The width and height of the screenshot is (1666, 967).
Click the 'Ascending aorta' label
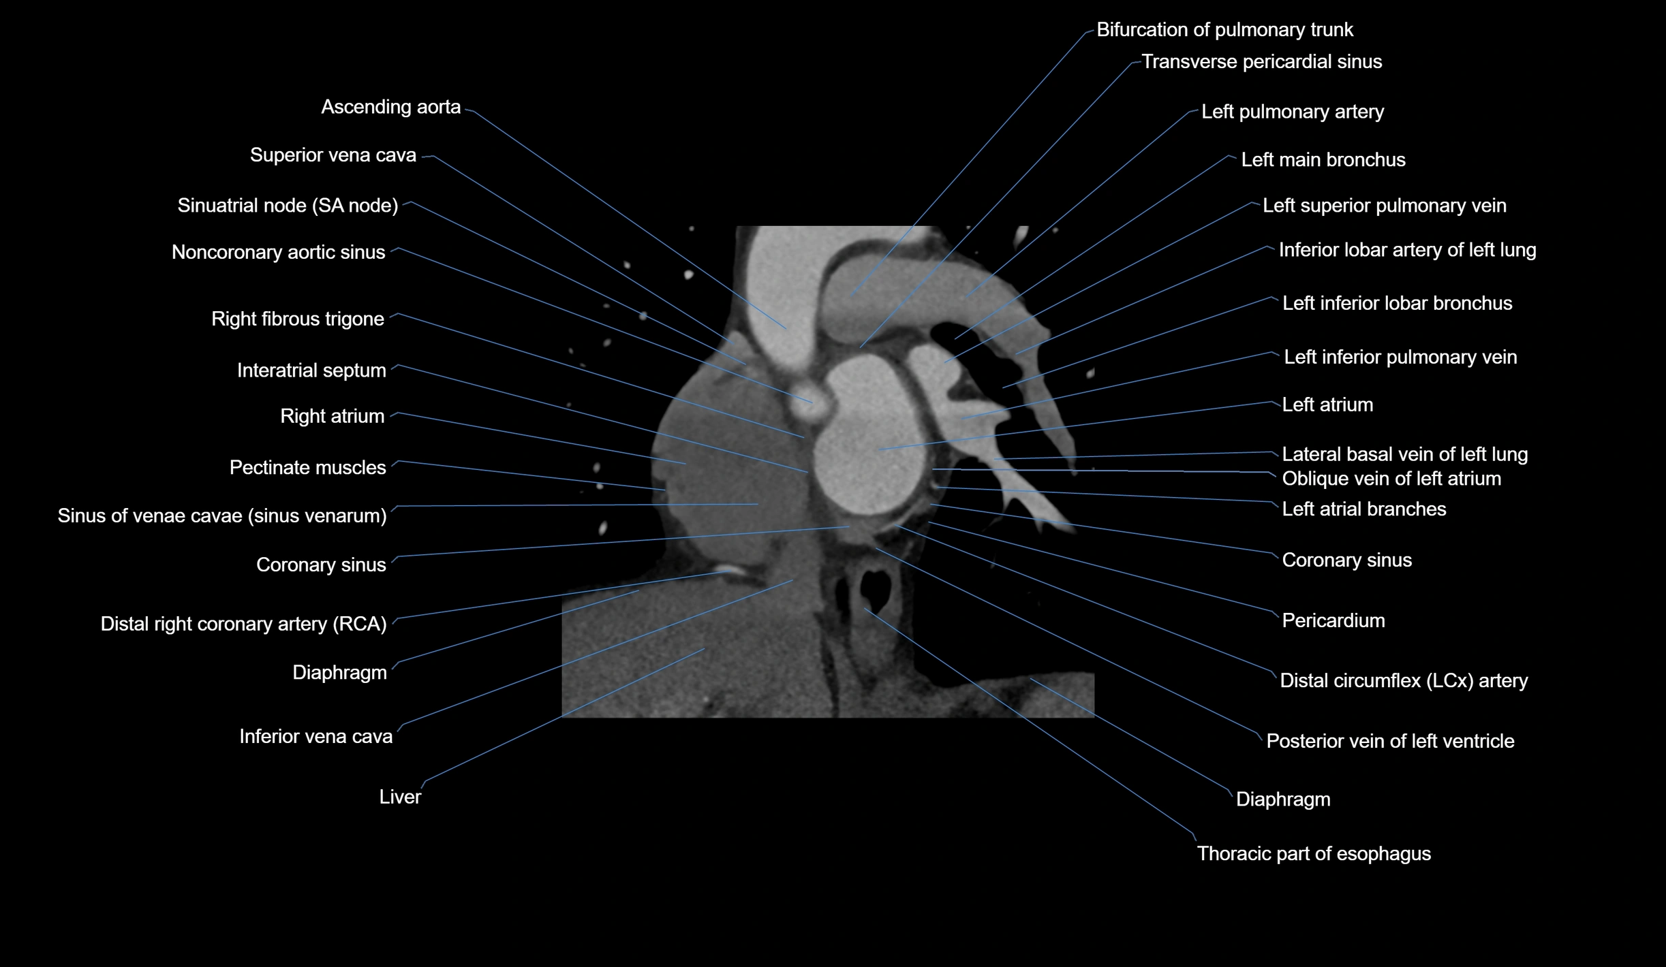pos(390,107)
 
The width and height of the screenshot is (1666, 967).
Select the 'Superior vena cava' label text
pos(333,155)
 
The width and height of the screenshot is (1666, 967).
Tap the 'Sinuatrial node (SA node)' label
pos(288,206)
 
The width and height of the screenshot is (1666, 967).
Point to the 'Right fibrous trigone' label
pos(298,319)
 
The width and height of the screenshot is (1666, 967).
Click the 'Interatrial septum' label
pos(311,370)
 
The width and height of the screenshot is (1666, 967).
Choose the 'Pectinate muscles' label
pos(307,468)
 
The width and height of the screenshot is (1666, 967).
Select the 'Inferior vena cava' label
pos(315,736)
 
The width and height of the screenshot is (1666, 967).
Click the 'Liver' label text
pos(400,797)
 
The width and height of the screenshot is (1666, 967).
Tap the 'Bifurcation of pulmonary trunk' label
pos(1224,30)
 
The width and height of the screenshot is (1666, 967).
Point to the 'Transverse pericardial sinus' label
pos(1261,62)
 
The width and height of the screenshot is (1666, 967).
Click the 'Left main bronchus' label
pos(1323,160)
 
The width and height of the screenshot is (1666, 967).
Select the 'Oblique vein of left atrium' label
pos(1391,479)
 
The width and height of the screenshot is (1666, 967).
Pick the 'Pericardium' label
pos(1333,621)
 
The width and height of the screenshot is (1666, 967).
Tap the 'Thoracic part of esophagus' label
pos(1314,854)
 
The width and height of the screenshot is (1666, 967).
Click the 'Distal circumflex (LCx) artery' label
pos(1404,681)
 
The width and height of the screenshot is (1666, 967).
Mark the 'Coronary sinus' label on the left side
pos(321,565)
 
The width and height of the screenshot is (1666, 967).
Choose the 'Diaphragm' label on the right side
pos(1283,799)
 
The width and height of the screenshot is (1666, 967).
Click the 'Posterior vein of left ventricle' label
pos(1390,741)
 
